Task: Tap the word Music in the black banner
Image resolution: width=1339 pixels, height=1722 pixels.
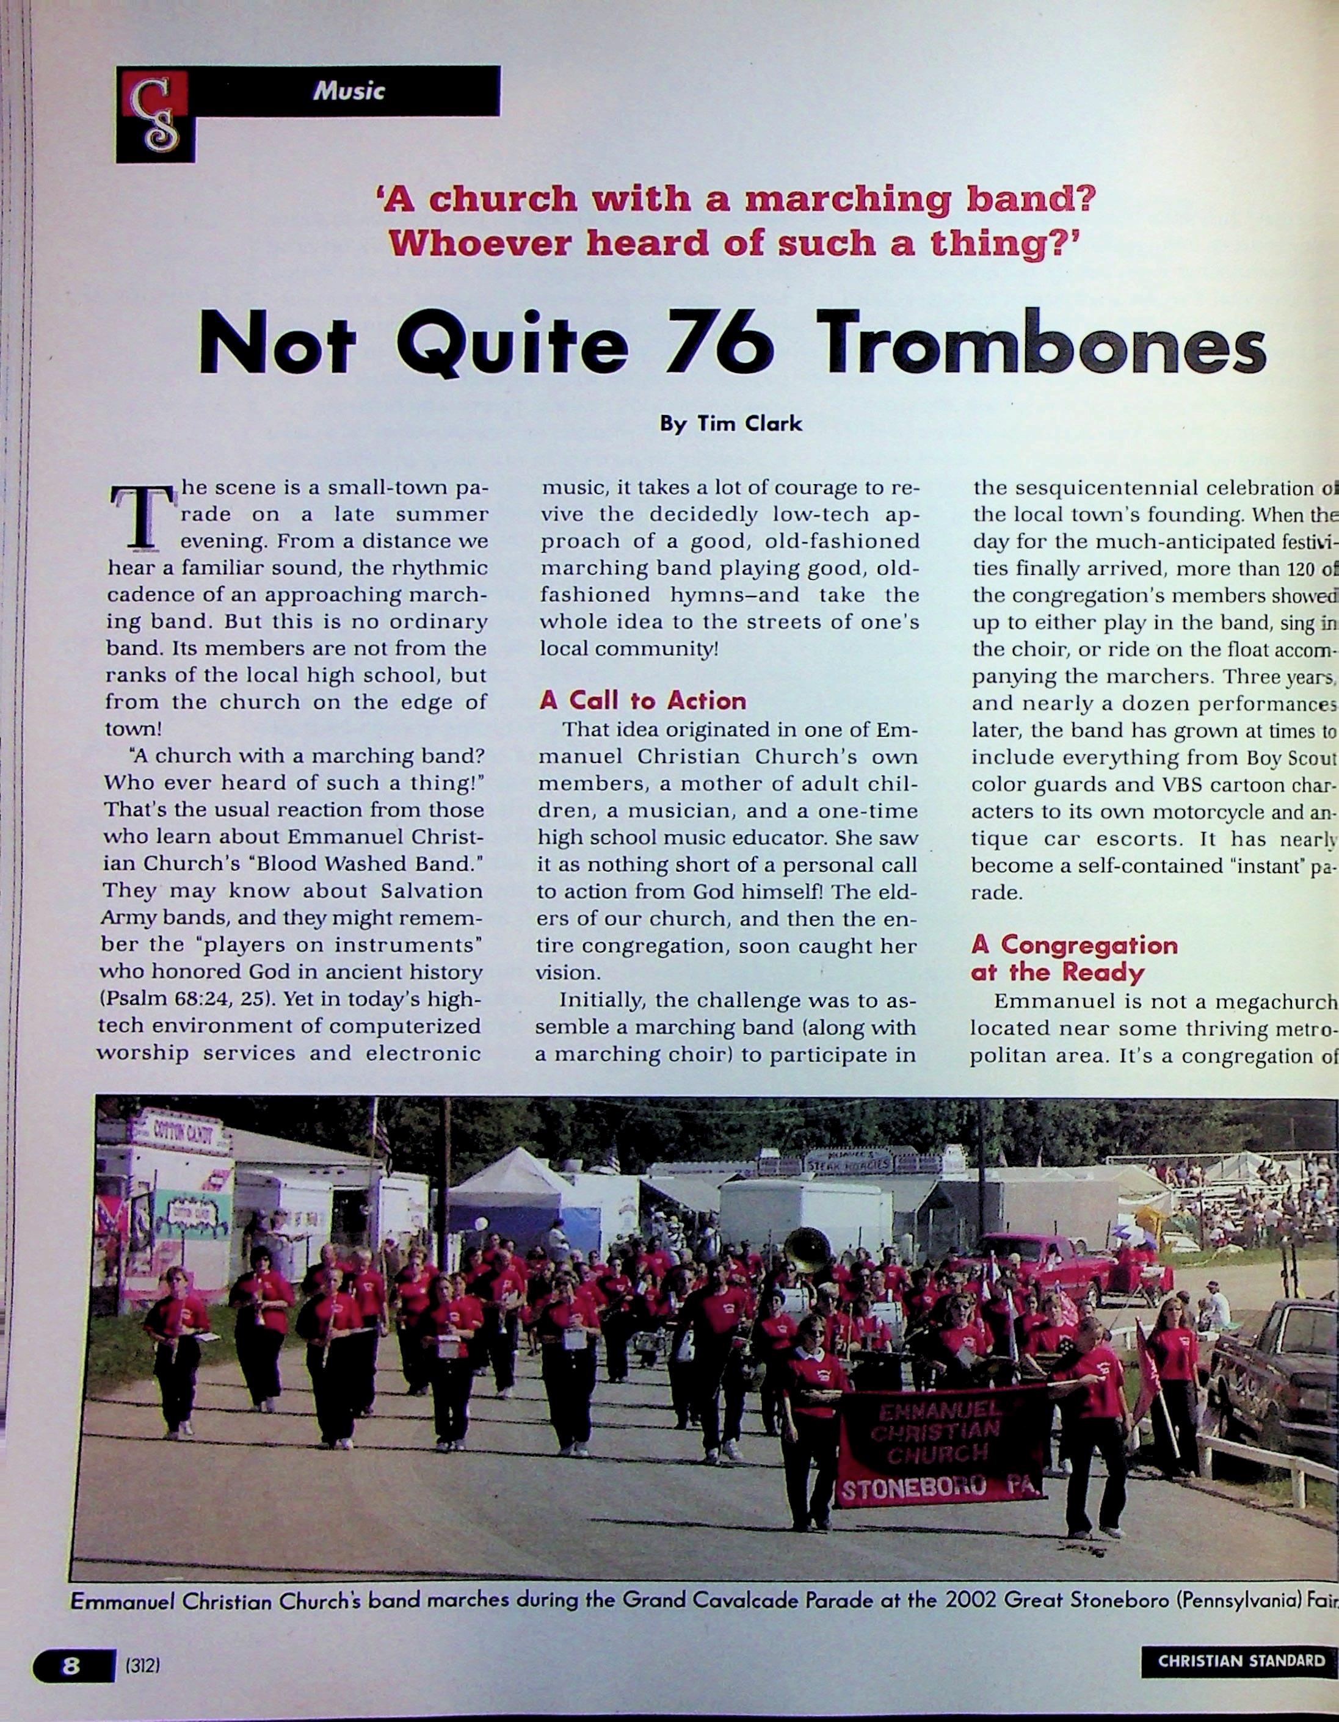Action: tap(349, 91)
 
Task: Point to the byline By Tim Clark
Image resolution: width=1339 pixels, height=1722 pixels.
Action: tap(730, 424)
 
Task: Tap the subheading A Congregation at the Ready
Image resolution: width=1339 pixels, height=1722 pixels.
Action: tap(1073, 958)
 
